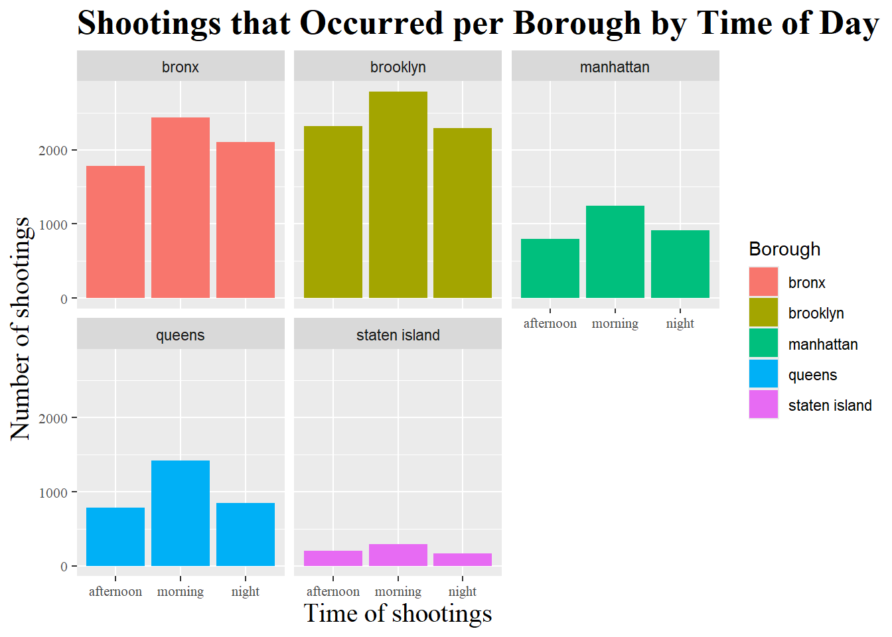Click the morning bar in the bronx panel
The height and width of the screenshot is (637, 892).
click(181, 208)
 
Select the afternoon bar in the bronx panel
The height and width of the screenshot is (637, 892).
click(115, 232)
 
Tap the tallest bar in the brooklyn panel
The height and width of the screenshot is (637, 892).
click(398, 194)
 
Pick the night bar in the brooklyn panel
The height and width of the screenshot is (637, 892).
click(463, 213)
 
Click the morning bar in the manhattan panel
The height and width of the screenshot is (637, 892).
click(615, 251)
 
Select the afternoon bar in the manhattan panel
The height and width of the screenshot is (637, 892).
click(550, 268)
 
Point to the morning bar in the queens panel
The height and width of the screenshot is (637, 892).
click(181, 513)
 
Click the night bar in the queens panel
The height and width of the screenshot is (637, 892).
click(246, 534)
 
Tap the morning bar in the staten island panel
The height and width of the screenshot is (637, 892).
click(398, 555)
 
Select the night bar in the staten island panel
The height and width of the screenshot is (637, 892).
click(463, 559)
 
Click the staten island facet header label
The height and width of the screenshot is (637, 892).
click(398, 335)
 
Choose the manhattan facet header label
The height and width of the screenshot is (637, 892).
click(615, 67)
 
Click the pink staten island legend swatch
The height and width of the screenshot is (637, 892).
click(763, 405)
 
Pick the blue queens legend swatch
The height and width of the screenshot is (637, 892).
click(763, 374)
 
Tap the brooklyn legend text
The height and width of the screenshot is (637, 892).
click(816, 313)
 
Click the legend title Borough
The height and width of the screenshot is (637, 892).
click(784, 249)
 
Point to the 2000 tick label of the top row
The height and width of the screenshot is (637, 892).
click(53, 151)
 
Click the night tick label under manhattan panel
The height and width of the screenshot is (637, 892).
click(680, 324)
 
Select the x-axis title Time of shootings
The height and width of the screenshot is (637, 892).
click(398, 614)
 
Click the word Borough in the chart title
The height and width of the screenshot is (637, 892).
click(577, 24)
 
